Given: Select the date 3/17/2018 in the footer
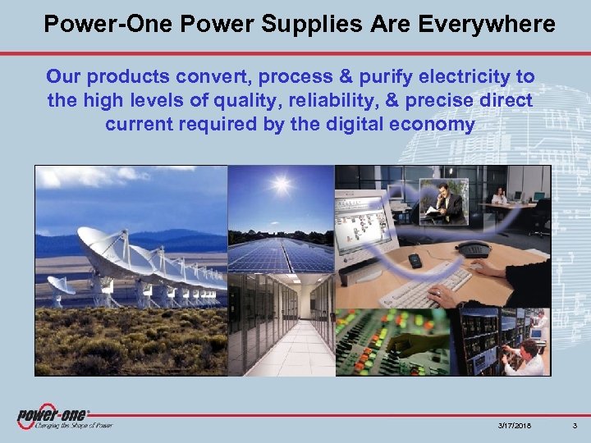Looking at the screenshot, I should click(x=514, y=426).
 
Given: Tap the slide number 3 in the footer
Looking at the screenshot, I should click(x=575, y=426).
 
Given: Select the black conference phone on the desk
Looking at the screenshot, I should click(x=473, y=249).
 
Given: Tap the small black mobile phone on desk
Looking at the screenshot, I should click(x=415, y=261).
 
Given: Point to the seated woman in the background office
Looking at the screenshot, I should click(x=499, y=196).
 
